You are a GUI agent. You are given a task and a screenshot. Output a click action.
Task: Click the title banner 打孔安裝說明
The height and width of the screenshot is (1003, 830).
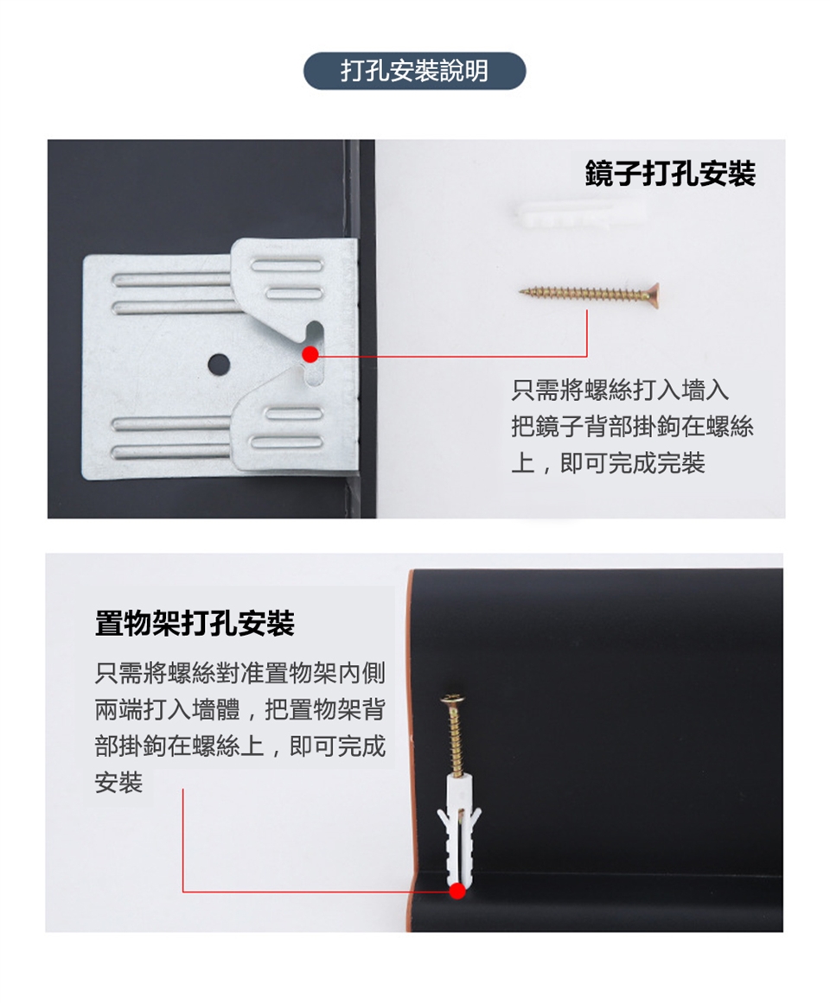point(414,70)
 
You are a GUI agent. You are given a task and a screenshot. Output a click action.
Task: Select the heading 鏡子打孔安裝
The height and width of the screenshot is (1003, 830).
point(670,174)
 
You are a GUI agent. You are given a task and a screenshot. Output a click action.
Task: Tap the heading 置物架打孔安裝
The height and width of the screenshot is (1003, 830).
point(195,623)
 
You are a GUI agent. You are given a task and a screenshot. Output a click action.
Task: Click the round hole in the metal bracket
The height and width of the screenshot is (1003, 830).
point(219,364)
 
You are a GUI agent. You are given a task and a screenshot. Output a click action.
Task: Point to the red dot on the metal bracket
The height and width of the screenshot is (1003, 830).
point(310,353)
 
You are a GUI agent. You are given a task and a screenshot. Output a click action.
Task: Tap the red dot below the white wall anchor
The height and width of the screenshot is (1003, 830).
point(457,891)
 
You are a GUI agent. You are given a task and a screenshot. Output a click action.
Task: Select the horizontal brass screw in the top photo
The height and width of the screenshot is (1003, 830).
point(589,294)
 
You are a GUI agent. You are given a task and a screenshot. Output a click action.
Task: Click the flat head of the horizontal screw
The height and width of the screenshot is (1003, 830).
point(654,294)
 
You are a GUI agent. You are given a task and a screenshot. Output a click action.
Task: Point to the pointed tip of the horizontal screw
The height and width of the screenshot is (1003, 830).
point(520,292)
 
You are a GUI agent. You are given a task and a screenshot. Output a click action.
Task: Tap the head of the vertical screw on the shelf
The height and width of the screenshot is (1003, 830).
point(451,699)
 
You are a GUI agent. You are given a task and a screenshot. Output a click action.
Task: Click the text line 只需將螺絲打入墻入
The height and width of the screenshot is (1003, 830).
point(619,390)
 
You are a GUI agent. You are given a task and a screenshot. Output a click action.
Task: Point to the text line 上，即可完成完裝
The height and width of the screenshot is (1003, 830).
point(608,462)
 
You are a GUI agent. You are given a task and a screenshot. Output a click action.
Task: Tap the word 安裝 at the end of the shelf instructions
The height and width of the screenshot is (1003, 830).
point(118,782)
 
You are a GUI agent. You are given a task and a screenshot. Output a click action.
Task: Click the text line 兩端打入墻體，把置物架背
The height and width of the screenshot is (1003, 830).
point(240,709)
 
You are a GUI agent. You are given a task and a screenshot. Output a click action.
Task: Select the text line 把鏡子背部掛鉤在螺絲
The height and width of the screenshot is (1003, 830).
point(632,427)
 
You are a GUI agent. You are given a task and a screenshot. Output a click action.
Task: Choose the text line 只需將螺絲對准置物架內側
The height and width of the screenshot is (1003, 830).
point(240,673)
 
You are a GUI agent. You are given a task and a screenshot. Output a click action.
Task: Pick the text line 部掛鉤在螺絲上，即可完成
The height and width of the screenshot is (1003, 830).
point(240,746)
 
